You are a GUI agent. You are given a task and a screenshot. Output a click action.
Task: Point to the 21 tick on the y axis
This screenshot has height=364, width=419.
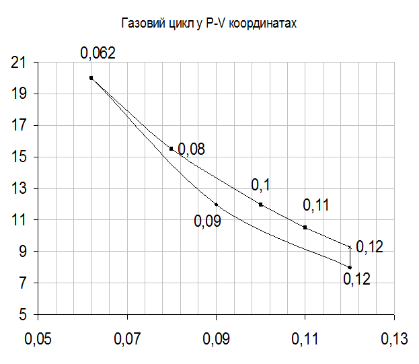point(20,63)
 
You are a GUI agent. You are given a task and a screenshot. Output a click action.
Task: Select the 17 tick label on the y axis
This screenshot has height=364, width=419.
point(20,126)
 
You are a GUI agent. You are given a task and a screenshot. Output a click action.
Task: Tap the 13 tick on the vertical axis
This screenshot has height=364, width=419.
point(20,189)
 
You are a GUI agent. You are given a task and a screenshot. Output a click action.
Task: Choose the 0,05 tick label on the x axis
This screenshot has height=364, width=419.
point(38,340)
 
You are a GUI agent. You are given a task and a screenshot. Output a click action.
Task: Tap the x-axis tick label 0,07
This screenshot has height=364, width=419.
point(127,340)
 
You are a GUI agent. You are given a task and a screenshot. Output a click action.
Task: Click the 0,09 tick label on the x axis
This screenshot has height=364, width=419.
point(216,340)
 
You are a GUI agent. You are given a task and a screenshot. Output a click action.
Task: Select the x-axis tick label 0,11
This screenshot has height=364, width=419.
point(305,340)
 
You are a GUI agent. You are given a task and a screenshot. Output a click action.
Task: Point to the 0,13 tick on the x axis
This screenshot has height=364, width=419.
point(393,340)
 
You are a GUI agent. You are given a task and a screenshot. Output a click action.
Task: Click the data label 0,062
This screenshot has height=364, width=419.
point(98,52)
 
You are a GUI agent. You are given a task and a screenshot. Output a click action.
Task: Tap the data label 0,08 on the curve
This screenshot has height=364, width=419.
point(192,149)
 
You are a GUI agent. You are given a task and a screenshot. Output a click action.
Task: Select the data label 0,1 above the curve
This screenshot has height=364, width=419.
point(260,184)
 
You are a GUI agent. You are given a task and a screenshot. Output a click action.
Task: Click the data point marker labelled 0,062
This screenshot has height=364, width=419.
point(91,78)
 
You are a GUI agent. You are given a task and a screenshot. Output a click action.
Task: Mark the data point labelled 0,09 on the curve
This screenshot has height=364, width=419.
point(216,204)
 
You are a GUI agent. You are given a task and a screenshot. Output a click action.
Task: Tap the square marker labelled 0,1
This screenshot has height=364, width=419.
point(260,205)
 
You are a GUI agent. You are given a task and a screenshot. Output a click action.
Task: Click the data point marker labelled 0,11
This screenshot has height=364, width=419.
point(305,227)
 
